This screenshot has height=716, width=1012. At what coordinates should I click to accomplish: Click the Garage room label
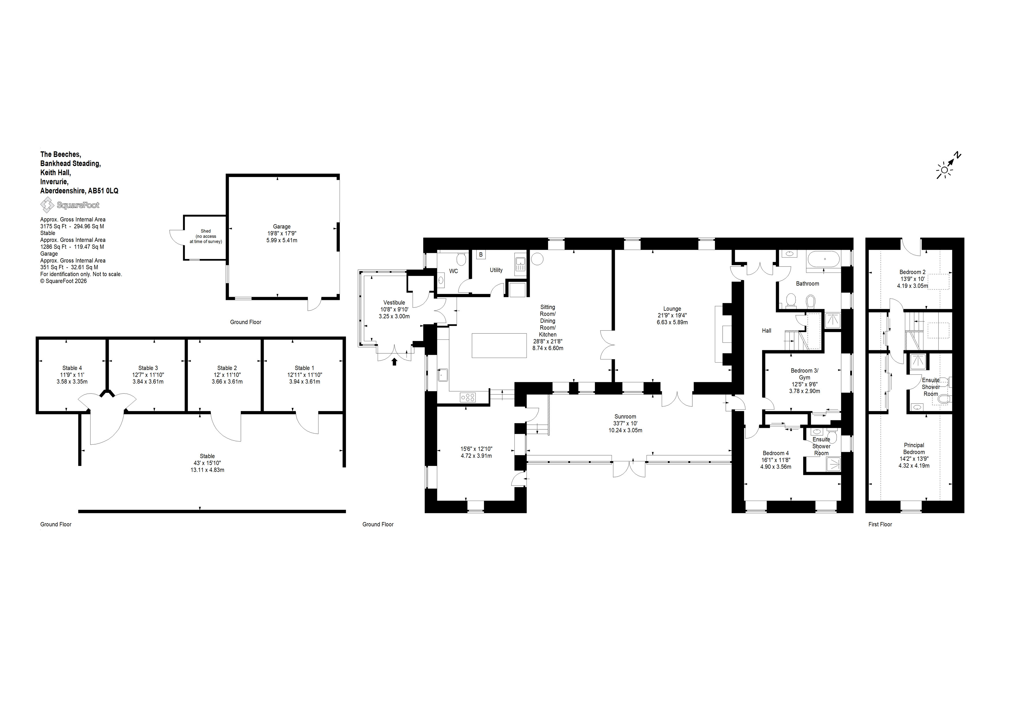pyautogui.click(x=282, y=227)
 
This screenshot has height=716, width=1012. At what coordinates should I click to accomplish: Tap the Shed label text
pyautogui.click(x=206, y=231)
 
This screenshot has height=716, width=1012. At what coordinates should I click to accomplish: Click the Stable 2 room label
pyautogui.click(x=227, y=368)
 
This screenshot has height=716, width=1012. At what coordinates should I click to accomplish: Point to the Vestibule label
pyautogui.click(x=394, y=303)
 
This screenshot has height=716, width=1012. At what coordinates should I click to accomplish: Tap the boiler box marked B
pyautogui.click(x=481, y=255)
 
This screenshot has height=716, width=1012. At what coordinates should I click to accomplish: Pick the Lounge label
pyautogui.click(x=672, y=309)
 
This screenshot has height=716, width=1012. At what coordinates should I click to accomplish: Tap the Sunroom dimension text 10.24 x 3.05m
pyautogui.click(x=625, y=430)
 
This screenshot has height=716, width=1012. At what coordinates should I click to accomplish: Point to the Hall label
pyautogui.click(x=767, y=330)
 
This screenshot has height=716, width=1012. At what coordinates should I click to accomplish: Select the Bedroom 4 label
pyautogui.click(x=776, y=453)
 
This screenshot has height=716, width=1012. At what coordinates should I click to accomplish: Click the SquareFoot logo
pyautogui.click(x=70, y=205)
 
